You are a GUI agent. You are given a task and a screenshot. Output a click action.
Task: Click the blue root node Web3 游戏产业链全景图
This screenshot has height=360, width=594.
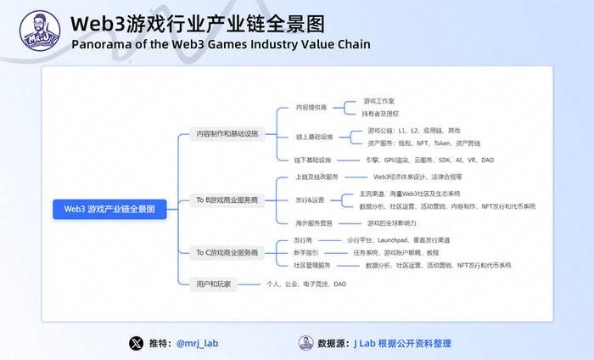pyautogui.click(x=109, y=208)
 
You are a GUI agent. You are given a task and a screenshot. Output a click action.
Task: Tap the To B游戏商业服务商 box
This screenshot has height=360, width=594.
pyautogui.click(x=227, y=200)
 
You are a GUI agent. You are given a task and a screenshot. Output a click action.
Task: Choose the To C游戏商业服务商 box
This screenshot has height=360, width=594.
pyautogui.click(x=227, y=252)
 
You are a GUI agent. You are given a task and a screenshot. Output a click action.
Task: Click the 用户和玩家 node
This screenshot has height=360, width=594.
pyautogui.click(x=213, y=284)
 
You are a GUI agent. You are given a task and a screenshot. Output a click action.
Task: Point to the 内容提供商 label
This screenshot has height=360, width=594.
pyautogui.click(x=312, y=108)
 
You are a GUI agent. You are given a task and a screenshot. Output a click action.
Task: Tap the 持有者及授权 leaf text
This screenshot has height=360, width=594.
pyautogui.click(x=381, y=113)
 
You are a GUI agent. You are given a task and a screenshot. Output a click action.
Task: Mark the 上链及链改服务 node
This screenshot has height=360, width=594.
pyautogui.click(x=317, y=177)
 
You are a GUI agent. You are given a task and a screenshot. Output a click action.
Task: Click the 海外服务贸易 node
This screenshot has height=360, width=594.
pyautogui.click(x=313, y=222)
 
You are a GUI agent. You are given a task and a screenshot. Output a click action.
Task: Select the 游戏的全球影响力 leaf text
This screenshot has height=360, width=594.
pyautogui.click(x=391, y=222)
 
